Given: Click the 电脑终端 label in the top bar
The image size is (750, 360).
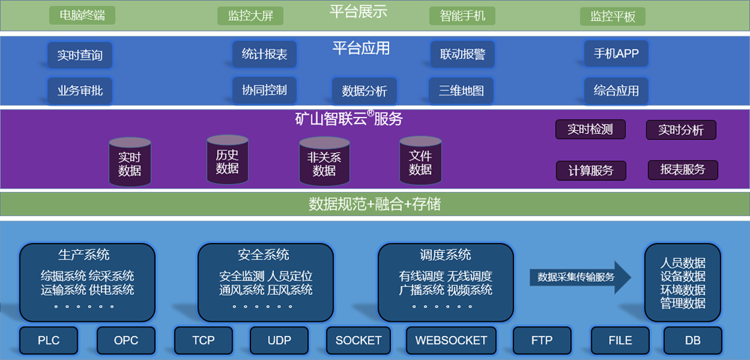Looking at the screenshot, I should pyautogui.click(x=82, y=15).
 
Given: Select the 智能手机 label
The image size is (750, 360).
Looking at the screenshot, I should pyautogui.click(x=462, y=16).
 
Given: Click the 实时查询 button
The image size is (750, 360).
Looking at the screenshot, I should pyautogui.click(x=80, y=55).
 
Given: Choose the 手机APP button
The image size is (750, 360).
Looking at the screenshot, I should pyautogui.click(x=616, y=54).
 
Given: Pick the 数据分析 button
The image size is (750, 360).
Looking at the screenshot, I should pyautogui.click(x=364, y=91).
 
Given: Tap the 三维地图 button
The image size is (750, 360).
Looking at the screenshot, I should pyautogui.click(x=461, y=90).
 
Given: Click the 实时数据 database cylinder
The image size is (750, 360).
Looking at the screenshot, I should pyautogui.click(x=129, y=162).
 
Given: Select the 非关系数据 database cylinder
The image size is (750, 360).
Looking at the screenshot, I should pyautogui.click(x=324, y=162).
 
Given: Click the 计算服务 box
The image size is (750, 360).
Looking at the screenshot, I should pyautogui.click(x=591, y=171).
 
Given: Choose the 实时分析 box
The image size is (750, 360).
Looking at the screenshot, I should pyautogui.click(x=681, y=130).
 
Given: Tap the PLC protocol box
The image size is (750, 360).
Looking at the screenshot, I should pyautogui.click(x=49, y=340).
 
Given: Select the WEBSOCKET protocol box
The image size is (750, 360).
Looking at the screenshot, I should pyautogui.click(x=451, y=340).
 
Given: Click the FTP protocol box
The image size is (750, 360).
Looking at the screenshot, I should pyautogui.click(x=542, y=340).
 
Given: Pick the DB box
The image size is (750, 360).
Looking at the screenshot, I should pyautogui.click(x=693, y=340).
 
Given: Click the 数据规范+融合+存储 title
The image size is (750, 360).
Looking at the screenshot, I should pyautogui.click(x=375, y=204).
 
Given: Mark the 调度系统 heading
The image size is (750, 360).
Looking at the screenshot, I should pyautogui.click(x=446, y=255).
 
